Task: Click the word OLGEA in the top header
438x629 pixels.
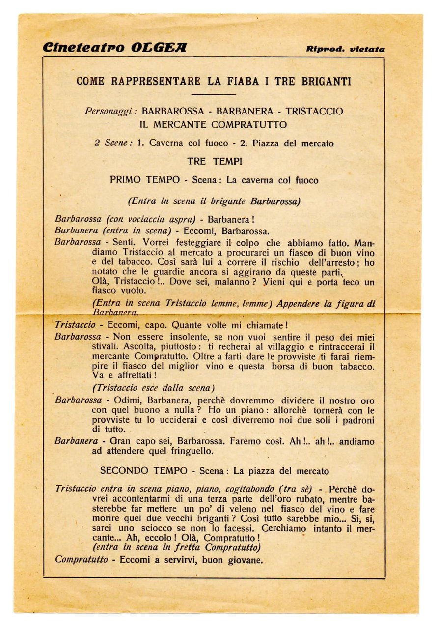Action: (x=158, y=48)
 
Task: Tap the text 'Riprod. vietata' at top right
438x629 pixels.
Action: (x=345, y=49)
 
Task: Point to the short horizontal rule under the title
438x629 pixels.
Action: (x=213, y=94)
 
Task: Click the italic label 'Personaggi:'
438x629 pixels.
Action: (x=111, y=111)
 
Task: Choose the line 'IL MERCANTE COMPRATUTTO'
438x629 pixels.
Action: (x=213, y=125)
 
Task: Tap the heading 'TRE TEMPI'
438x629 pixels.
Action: (x=213, y=161)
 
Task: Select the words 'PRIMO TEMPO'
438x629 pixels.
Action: (x=145, y=180)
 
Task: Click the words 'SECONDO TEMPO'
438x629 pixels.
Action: (x=143, y=471)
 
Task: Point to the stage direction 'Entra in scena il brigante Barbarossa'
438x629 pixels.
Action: (x=214, y=201)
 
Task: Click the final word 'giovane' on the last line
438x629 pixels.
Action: (x=245, y=559)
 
